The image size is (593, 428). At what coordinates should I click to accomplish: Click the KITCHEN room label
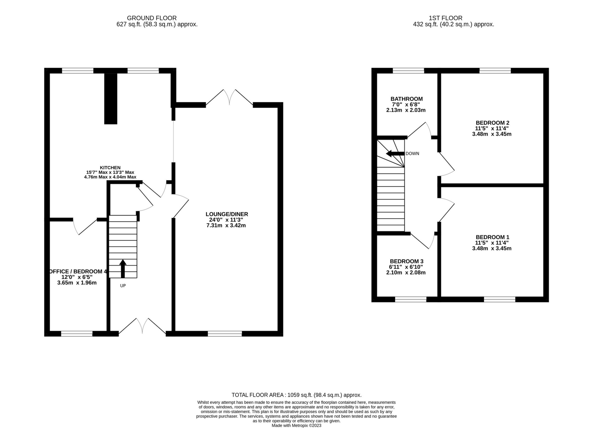click(110, 167)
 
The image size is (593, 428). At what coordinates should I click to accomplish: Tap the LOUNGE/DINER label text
click(227, 214)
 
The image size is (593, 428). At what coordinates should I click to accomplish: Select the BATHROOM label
click(406, 99)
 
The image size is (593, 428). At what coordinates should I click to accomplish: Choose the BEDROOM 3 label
click(406, 261)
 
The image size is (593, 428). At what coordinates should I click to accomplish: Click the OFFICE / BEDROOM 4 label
click(78, 272)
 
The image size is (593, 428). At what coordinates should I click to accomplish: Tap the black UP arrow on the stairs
click(123, 268)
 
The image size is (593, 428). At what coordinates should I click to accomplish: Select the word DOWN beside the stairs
click(412, 154)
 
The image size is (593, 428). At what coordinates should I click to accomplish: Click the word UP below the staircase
click(123, 285)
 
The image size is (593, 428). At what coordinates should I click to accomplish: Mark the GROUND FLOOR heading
click(152, 18)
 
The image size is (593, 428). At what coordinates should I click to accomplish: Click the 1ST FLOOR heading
click(453, 18)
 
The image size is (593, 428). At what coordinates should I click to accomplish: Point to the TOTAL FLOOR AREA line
click(296, 395)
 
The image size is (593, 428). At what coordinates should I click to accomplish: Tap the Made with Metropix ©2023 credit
click(296, 425)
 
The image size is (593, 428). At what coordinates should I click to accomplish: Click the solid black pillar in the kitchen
click(111, 98)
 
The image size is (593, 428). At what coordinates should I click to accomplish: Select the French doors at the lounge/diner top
click(230, 98)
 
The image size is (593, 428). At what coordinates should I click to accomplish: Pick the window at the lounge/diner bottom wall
click(225, 333)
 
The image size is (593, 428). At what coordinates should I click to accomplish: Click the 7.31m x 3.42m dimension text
click(226, 225)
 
